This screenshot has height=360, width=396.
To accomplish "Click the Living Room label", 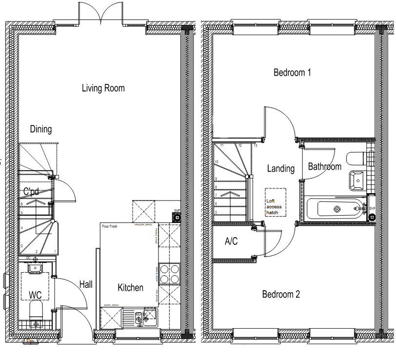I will (103, 88).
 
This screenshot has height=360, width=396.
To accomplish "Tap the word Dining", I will (41, 129).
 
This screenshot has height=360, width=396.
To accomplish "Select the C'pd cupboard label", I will (31, 191).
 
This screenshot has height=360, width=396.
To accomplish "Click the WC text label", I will (35, 295).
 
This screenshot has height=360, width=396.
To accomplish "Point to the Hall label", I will (86, 284).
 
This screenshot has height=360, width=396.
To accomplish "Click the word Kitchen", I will (130, 288).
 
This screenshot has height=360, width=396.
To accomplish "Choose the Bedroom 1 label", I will (292, 73).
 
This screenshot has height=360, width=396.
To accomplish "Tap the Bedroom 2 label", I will (281, 294).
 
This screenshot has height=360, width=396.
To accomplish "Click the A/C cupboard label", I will (231, 241).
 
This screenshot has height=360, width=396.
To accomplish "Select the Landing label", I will (281, 169).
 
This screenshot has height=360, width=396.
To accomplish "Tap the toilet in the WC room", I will (36, 310).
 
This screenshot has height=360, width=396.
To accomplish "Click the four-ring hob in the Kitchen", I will (169, 273).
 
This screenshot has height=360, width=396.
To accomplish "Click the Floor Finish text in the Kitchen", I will (111, 227).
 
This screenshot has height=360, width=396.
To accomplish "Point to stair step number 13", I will (255, 146).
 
